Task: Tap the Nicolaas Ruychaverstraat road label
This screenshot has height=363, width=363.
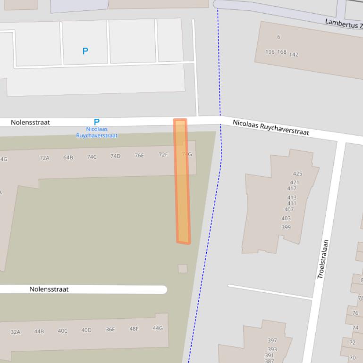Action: pyautogui.click(x=270, y=128)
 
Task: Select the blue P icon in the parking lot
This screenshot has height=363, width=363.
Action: pyautogui.click(x=85, y=51)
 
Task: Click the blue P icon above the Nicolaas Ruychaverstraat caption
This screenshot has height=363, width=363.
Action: pyautogui.click(x=97, y=122)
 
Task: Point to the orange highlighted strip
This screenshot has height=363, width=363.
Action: pyautogui.click(x=182, y=181)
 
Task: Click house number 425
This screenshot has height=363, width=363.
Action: pyautogui.click(x=297, y=173)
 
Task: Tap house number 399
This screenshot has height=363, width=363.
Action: pyautogui.click(x=286, y=227)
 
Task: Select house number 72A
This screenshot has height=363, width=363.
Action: pyautogui.click(x=44, y=158)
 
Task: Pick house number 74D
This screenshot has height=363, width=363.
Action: pyautogui.click(x=115, y=156)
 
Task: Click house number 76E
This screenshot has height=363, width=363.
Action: pyautogui.click(x=139, y=155)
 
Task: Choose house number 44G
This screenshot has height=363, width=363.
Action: pyautogui.click(x=157, y=328)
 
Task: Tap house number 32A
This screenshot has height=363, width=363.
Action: pyautogui.click(x=16, y=332)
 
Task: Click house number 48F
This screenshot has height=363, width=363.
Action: pyautogui.click(x=134, y=329)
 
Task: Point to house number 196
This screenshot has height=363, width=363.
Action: pyautogui.click(x=270, y=52)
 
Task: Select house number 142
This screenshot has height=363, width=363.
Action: pyautogui.click(x=294, y=54)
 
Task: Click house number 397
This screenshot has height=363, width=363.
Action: pyautogui.click(x=272, y=340)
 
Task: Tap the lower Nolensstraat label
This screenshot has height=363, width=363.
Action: pyautogui.click(x=49, y=289)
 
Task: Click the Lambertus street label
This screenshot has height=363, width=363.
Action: pyautogui.click(x=344, y=23)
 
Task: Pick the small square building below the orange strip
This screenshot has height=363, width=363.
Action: pyautogui.click(x=183, y=269)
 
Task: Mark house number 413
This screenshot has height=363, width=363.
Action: pyautogui.click(x=292, y=198)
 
